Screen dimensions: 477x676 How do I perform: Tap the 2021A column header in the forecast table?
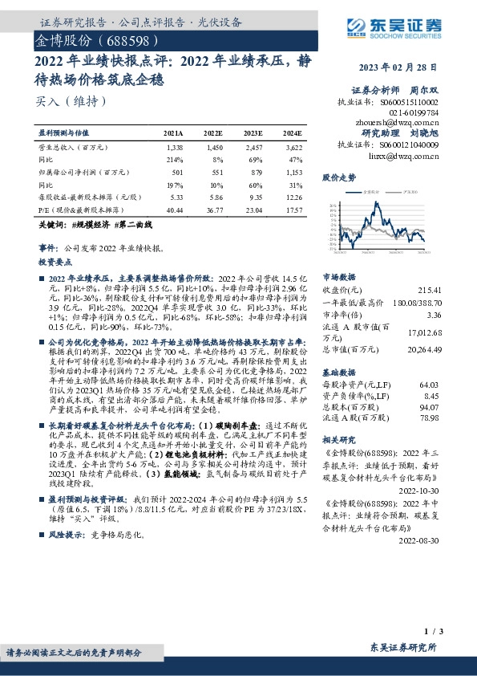(x=173, y=132)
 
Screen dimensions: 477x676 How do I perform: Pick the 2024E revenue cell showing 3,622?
(x=292, y=149)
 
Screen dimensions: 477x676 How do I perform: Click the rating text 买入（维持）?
(x=71, y=102)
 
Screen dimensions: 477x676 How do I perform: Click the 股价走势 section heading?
(x=338, y=176)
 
